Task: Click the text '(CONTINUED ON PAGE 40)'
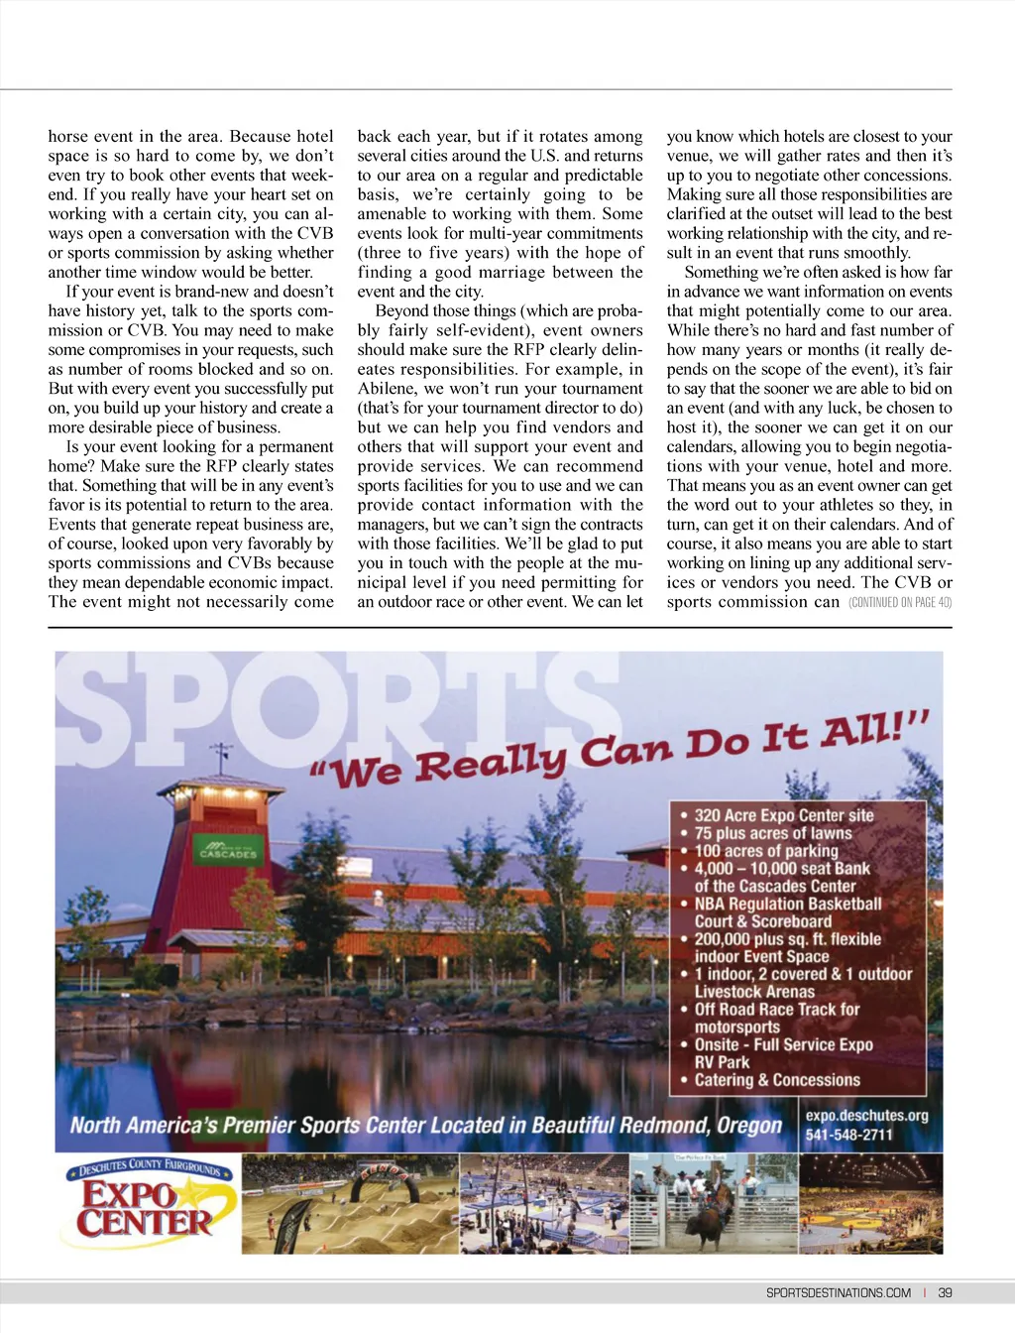pos(900,602)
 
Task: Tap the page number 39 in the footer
pos(945,1292)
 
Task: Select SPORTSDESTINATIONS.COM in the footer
pos(838,1292)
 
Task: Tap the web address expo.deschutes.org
pos(866,1116)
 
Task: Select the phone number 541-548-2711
pos(848,1135)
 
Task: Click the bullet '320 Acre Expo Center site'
pos(783,815)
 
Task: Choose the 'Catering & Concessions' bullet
pos(776,1080)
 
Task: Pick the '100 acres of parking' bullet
pos(765,851)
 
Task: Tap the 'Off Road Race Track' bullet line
pos(776,1010)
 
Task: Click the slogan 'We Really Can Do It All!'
pos(620,751)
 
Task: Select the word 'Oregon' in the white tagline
pos(749,1126)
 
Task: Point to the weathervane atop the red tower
pos(222,756)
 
